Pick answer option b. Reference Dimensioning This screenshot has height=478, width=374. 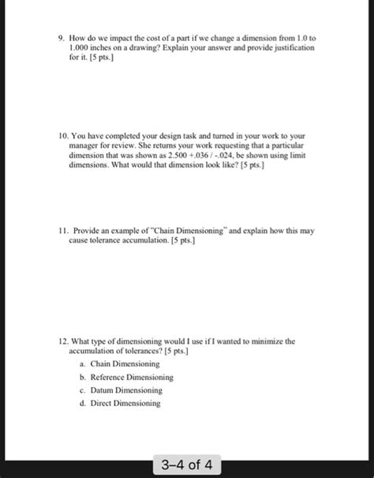[x=126, y=377]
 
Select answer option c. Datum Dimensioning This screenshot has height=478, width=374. [x=123, y=390]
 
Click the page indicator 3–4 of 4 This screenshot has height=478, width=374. [x=186, y=461]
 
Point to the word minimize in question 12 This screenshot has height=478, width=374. [x=265, y=341]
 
